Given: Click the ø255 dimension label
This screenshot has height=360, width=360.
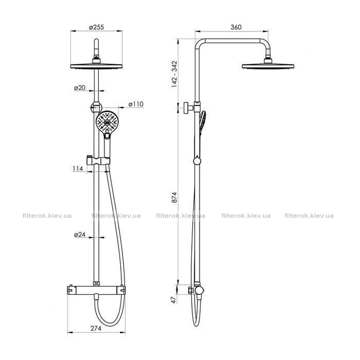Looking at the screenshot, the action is pos(96,27).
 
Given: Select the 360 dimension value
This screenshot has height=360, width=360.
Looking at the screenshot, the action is pos(236,27).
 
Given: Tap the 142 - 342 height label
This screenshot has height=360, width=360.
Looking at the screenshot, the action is pos(175,74).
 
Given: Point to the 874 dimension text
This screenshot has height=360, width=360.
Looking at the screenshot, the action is pos(175,197).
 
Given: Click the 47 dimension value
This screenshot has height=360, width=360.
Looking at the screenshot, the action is pos(174,300).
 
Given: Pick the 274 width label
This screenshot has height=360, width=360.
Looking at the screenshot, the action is pos(96,329).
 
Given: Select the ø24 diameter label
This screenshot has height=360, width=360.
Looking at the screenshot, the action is pos(80,234).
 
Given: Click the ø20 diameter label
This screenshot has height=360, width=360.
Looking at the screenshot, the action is pos(80,88).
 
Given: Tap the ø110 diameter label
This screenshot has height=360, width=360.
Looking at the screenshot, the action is pos(136,104).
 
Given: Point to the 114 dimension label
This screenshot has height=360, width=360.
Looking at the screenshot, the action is pos(78,168).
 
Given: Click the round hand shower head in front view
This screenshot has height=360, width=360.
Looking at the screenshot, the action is pos(107,122).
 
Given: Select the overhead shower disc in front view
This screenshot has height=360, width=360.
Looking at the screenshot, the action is pos(96,66).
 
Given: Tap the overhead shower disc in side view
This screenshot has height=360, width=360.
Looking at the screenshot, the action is pos(268,66).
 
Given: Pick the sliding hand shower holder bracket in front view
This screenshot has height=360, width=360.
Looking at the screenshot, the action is pos(98,161).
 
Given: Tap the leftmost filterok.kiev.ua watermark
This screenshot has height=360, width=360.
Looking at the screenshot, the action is pos(47,216).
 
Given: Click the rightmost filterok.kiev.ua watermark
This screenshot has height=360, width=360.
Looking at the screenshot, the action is pos(309,216).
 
